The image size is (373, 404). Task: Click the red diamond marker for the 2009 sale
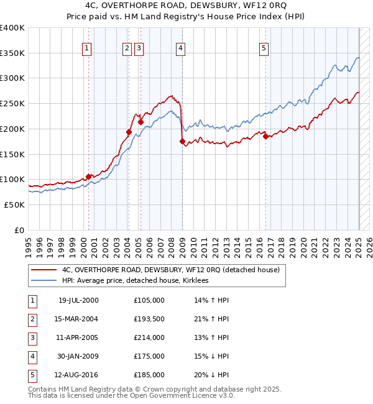click(x=182, y=142)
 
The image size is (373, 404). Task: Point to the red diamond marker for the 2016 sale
click(x=265, y=137)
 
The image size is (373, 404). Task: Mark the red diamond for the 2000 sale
click(x=88, y=177)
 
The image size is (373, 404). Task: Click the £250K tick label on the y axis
click(x=12, y=103)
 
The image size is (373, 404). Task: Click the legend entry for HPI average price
click(x=135, y=281)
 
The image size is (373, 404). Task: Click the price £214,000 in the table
click(x=149, y=337)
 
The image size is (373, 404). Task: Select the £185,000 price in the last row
click(x=149, y=375)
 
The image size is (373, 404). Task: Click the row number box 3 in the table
click(x=31, y=337)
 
